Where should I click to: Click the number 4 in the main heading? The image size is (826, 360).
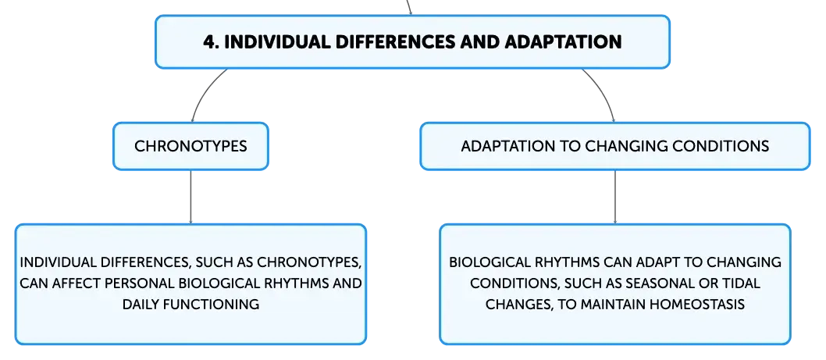click(x=208, y=42)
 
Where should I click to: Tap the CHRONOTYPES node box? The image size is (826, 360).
click(x=190, y=146)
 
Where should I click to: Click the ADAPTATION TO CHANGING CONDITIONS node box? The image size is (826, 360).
click(x=614, y=146)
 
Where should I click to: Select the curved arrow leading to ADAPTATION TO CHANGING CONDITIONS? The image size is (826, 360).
click(x=603, y=91)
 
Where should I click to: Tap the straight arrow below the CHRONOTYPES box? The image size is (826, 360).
click(x=190, y=197)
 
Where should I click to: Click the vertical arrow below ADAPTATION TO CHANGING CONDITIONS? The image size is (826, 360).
click(x=614, y=197)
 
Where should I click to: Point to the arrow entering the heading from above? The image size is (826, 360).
click(x=409, y=7)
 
